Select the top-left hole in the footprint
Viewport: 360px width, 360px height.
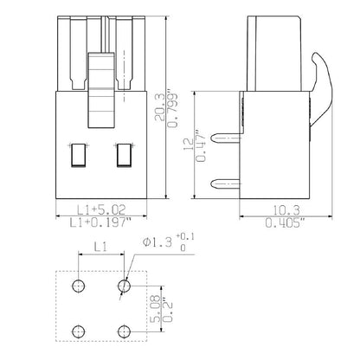(x=80, y=285)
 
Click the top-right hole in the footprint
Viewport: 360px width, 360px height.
(x=126, y=285)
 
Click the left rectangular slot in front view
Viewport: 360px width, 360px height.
(x=77, y=156)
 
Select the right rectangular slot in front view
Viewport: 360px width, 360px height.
(x=123, y=156)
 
